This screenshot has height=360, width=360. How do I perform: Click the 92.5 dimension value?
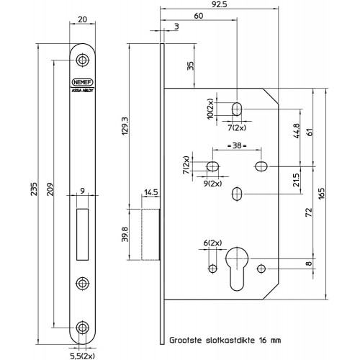pyautogui.click(x=220, y=4)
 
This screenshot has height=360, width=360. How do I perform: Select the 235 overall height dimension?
pyautogui.click(x=35, y=189)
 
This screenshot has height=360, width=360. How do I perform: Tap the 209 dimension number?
pyautogui.click(x=50, y=189)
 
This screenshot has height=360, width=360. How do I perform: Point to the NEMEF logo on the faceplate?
pyautogui.click(x=82, y=82)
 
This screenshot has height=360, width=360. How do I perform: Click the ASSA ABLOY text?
pyautogui.click(x=82, y=91)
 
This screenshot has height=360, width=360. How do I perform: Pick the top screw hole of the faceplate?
pyautogui.click(x=82, y=60)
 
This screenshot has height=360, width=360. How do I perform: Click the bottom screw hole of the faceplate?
pyautogui.click(x=82, y=328)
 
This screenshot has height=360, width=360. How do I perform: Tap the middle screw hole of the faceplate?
pyautogui.click(x=82, y=283)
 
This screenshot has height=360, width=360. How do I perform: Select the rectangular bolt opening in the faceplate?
pyautogui.click(x=82, y=235)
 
